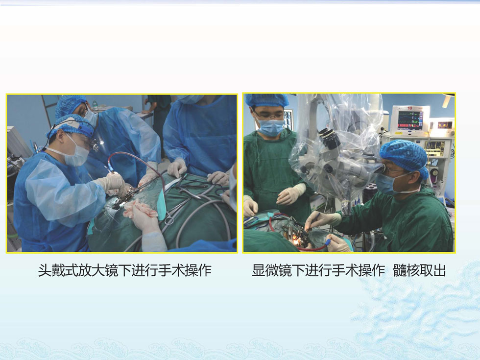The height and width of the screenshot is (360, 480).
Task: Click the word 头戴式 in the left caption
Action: point(58,270)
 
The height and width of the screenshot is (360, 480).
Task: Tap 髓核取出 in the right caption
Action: point(419,270)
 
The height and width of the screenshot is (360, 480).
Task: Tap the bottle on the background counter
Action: point(95,105)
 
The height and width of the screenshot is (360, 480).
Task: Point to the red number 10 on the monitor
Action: point(410,108)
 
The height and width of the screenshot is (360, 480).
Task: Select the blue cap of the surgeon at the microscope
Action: point(404,157)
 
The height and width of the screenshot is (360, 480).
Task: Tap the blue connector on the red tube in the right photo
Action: point(328,243)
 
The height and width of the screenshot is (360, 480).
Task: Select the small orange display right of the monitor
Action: point(445,125)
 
